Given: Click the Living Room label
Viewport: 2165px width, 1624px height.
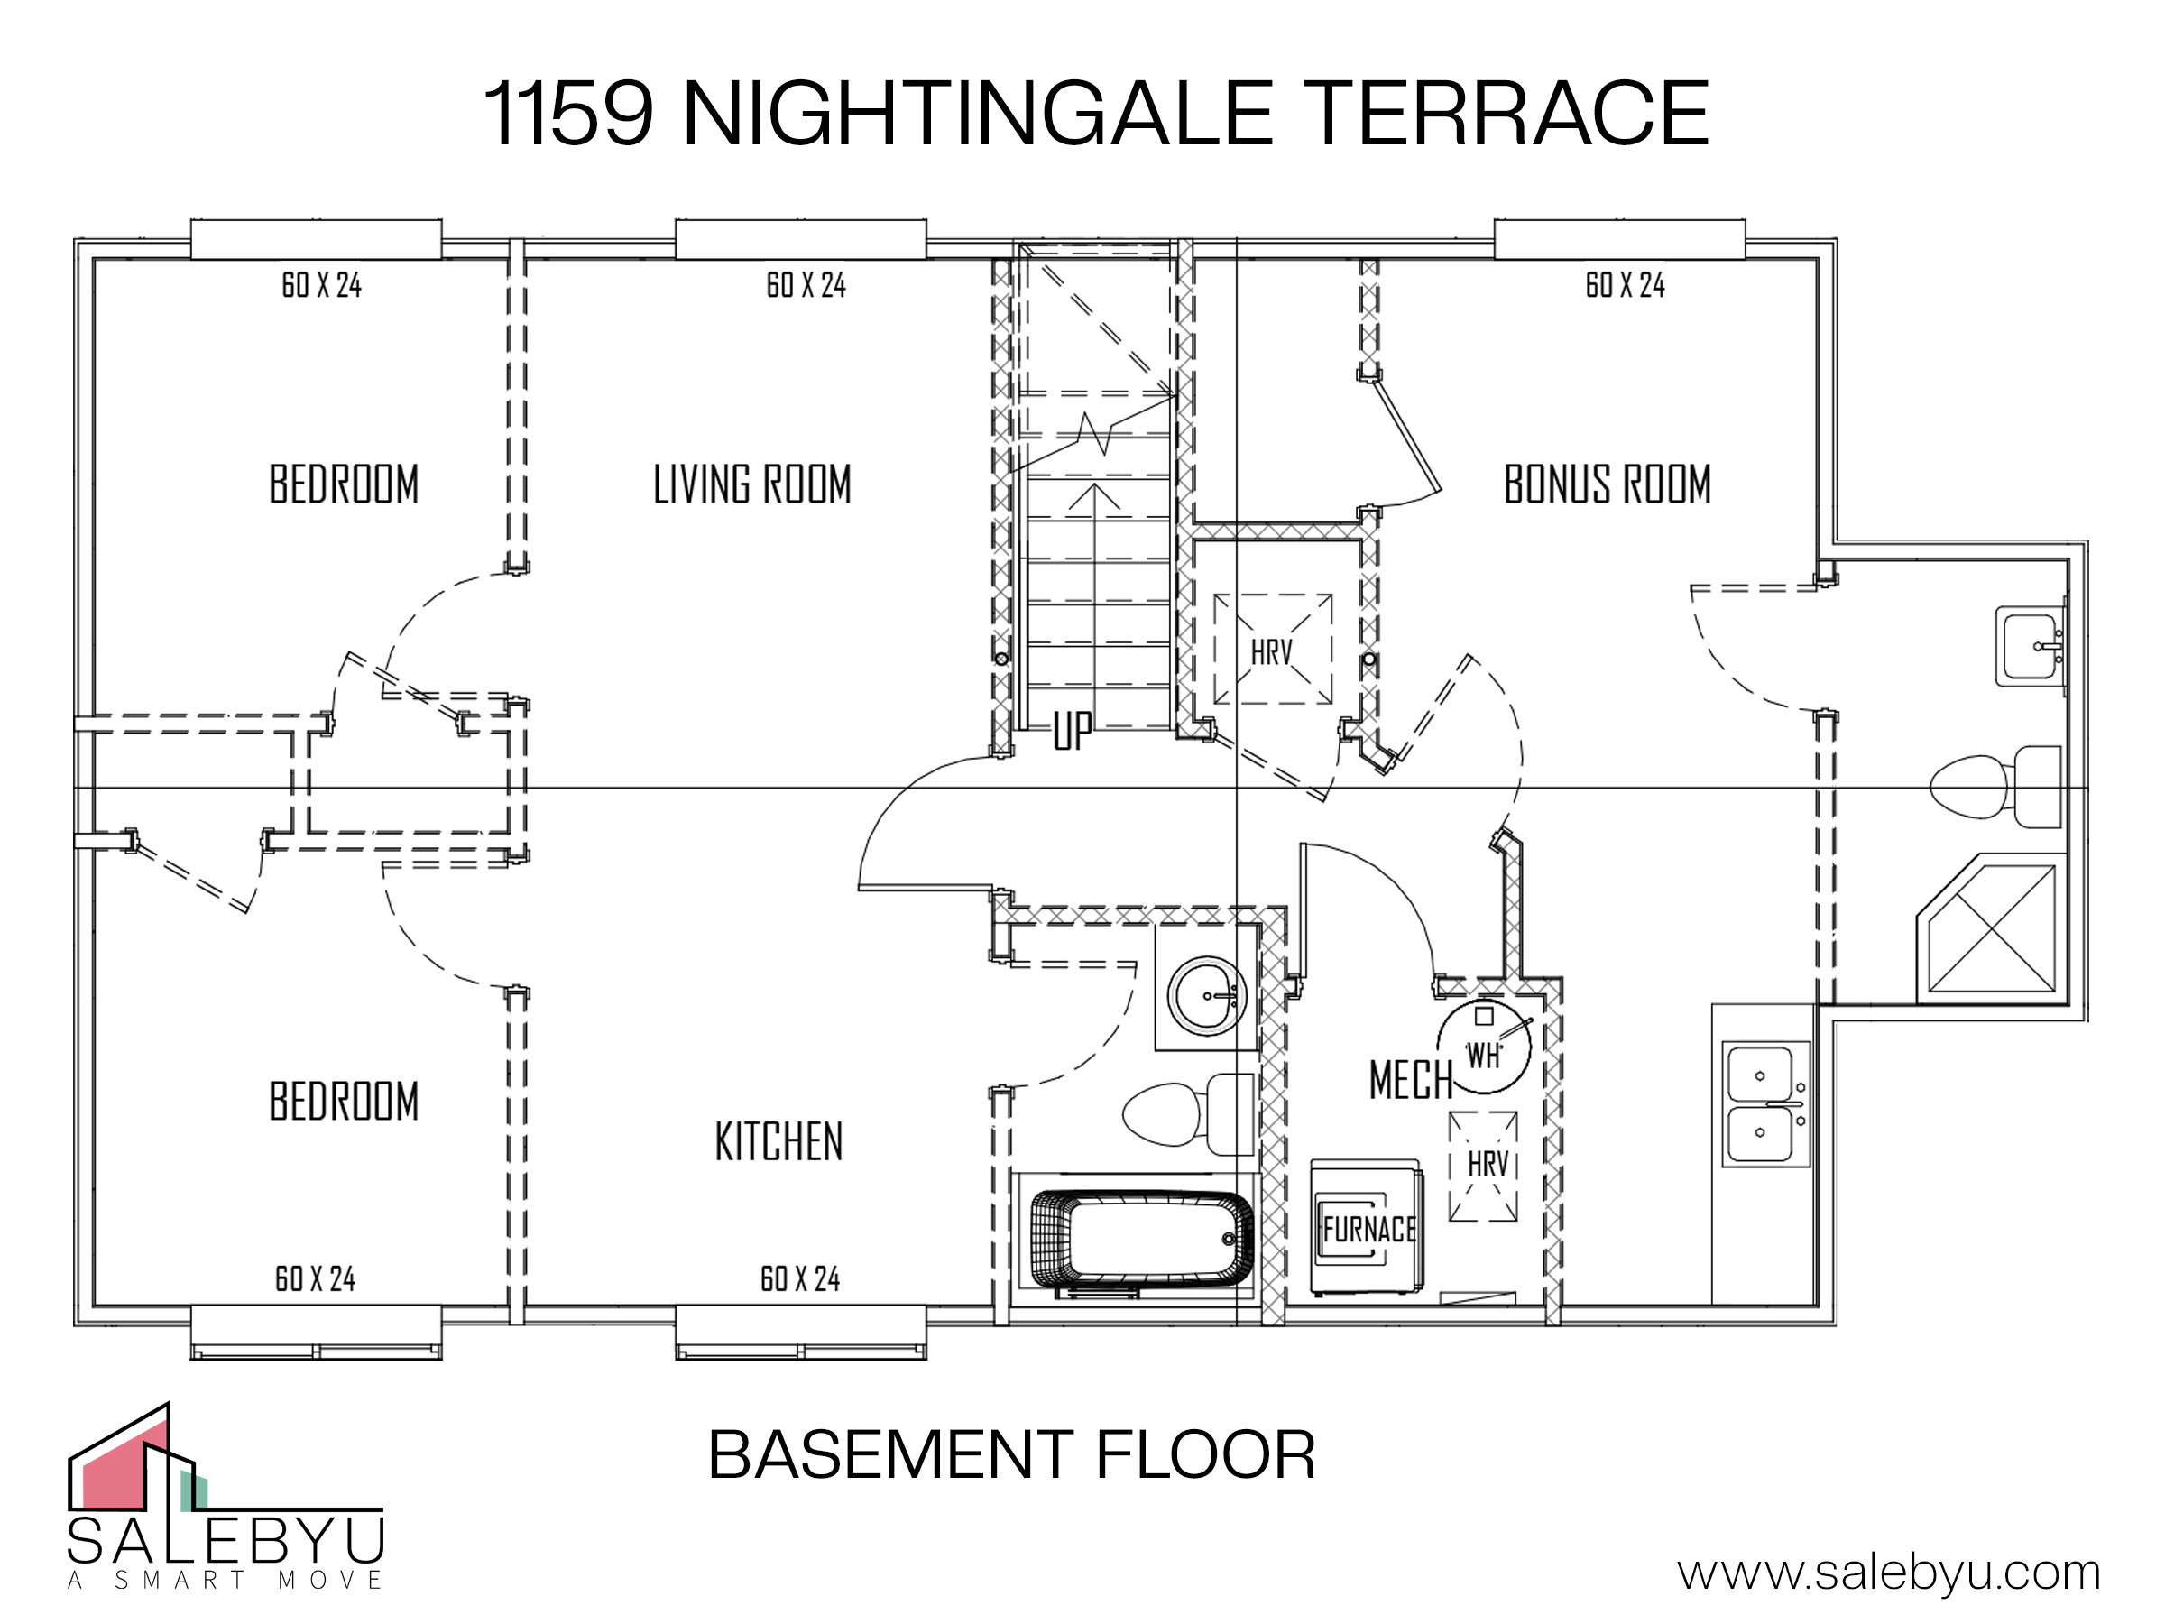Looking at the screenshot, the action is point(751,484).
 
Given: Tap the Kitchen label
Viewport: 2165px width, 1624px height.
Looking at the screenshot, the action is point(779,1141).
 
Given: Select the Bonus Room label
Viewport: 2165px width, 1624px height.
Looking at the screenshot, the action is point(1608,484).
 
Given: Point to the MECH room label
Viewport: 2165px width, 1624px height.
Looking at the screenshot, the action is point(1410,1080).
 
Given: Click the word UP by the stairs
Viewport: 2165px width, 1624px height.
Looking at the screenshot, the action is point(1072,730).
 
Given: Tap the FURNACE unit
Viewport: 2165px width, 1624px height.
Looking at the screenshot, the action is point(1368,1229).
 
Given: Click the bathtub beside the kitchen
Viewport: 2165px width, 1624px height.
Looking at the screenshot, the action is point(1142,1240).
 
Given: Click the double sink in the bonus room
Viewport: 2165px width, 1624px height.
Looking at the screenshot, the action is point(1765,1103).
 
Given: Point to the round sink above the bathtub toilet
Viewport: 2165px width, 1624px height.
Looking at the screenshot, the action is point(1207,995).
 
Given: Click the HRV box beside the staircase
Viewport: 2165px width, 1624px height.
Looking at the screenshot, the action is point(1272,649).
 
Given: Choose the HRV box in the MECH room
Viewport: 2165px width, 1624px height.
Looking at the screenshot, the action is point(1484,1166).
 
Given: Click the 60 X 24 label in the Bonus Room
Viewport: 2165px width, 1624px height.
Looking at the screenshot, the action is point(1625,285).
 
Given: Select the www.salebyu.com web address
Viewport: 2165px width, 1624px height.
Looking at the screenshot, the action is point(1889,1573).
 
